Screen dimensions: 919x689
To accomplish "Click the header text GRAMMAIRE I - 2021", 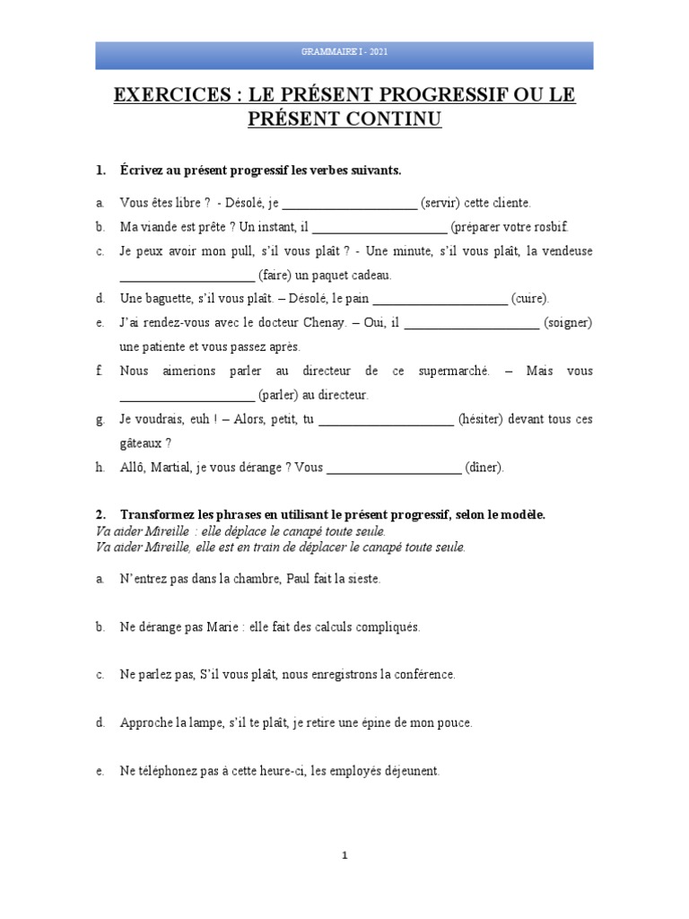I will click(x=344, y=55).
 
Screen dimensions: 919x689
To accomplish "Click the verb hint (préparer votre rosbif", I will click(x=510, y=227).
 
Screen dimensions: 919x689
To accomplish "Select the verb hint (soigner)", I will click(x=568, y=323).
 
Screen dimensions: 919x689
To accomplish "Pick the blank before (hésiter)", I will click(x=387, y=419).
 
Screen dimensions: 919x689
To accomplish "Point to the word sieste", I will click(x=362, y=579).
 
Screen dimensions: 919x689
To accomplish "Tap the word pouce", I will click(x=453, y=722).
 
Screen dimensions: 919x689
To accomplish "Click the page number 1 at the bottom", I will click(x=344, y=855).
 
